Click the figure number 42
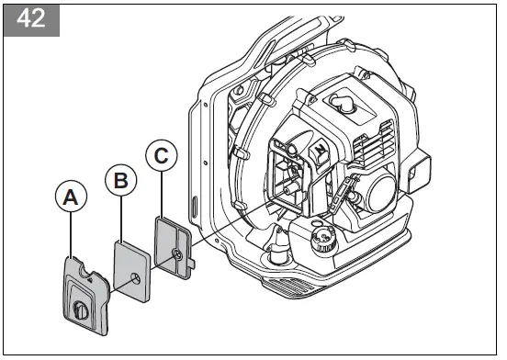tap(31, 20)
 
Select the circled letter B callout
tap(119, 181)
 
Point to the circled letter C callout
tap(162, 158)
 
